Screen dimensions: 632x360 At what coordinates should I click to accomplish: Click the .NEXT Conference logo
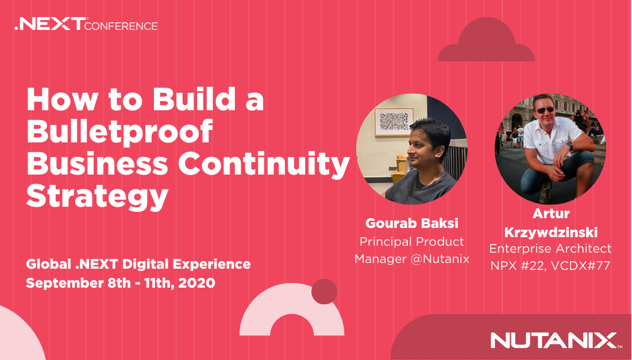[x=86, y=24]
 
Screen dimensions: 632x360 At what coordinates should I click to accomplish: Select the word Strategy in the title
[x=97, y=196]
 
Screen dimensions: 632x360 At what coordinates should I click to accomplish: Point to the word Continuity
[x=264, y=165]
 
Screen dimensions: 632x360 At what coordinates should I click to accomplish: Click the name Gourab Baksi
[x=412, y=223]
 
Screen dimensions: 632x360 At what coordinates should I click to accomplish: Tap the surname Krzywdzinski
[x=551, y=233]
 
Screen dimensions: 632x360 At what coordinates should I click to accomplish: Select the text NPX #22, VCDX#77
[x=550, y=266]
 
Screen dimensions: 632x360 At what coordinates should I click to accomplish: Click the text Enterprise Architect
[x=550, y=249]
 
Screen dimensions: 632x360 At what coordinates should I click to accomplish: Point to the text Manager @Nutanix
[x=412, y=258]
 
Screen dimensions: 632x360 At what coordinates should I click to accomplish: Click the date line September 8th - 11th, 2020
[x=121, y=282]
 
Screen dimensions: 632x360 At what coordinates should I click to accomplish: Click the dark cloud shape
[x=487, y=40]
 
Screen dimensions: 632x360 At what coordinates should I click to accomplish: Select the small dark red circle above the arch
[x=324, y=292]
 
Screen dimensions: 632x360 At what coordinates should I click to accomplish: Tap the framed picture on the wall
[x=394, y=122]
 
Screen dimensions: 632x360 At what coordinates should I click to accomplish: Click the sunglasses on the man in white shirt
[x=545, y=110]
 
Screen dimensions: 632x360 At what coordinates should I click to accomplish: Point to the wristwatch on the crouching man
[x=571, y=145]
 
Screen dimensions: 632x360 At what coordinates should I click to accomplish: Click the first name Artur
[x=551, y=214]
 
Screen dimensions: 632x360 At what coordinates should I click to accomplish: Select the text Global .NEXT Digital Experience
[x=138, y=264]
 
